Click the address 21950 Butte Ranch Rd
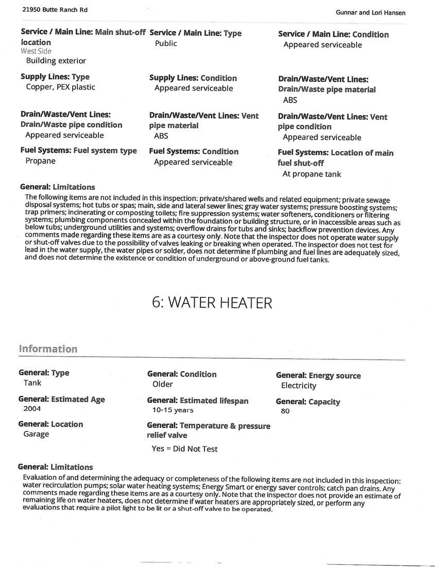click(48, 10)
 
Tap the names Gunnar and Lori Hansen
click(370, 13)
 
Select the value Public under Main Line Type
click(166, 43)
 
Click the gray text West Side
click(36, 51)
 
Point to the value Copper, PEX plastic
click(60, 87)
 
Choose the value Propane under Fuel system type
click(40, 161)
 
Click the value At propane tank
click(312, 174)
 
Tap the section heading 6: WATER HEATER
click(212, 303)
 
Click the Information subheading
click(48, 349)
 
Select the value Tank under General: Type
click(32, 383)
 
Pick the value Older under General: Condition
click(163, 384)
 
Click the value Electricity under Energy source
click(298, 386)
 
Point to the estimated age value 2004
click(32, 409)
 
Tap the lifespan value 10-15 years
click(173, 410)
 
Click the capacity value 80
click(285, 411)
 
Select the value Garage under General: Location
click(36, 434)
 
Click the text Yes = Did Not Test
click(184, 449)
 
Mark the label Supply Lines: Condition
click(193, 78)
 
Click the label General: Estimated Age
click(61, 399)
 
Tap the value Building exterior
click(56, 61)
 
